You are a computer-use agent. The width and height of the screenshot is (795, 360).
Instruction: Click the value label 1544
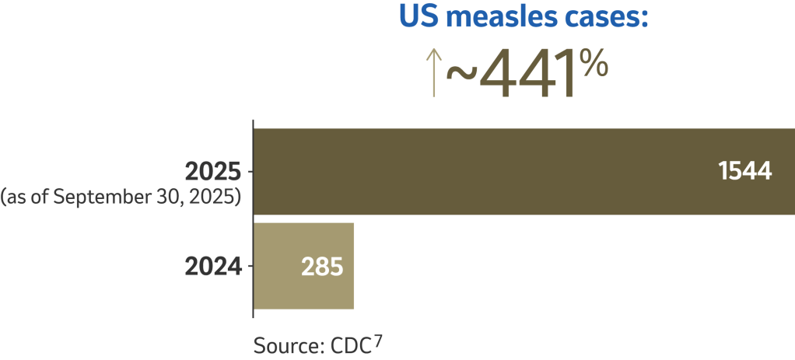pyautogui.click(x=745, y=172)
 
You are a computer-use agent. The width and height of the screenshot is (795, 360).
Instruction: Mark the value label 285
pyautogui.click(x=321, y=267)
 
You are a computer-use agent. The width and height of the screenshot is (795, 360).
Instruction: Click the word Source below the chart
pyautogui.click(x=284, y=344)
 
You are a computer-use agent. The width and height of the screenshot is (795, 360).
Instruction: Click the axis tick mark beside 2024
pyautogui.click(x=250, y=267)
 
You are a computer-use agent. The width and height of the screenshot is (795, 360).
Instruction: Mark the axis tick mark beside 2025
pyautogui.click(x=250, y=171)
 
